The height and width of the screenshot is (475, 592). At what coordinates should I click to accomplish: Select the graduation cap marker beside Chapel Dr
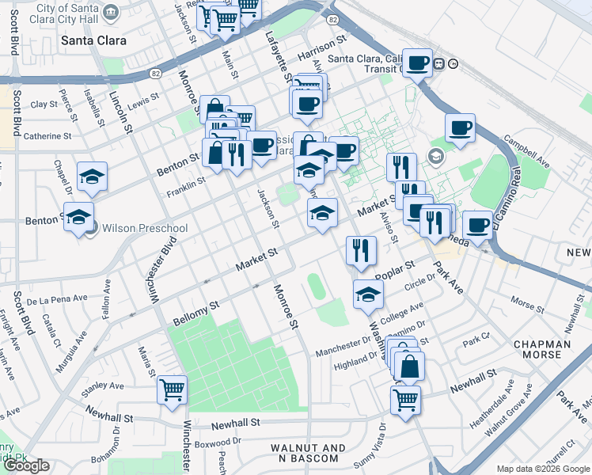coord(92,177)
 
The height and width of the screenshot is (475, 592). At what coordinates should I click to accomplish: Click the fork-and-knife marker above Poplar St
coord(360,250)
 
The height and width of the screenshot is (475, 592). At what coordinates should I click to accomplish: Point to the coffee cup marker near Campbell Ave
coord(460,128)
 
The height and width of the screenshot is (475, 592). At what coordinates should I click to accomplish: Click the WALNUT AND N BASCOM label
coord(309,454)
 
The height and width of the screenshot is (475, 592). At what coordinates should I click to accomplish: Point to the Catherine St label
coord(47,136)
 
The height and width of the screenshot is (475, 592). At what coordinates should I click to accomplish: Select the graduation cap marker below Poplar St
coord(366,295)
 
